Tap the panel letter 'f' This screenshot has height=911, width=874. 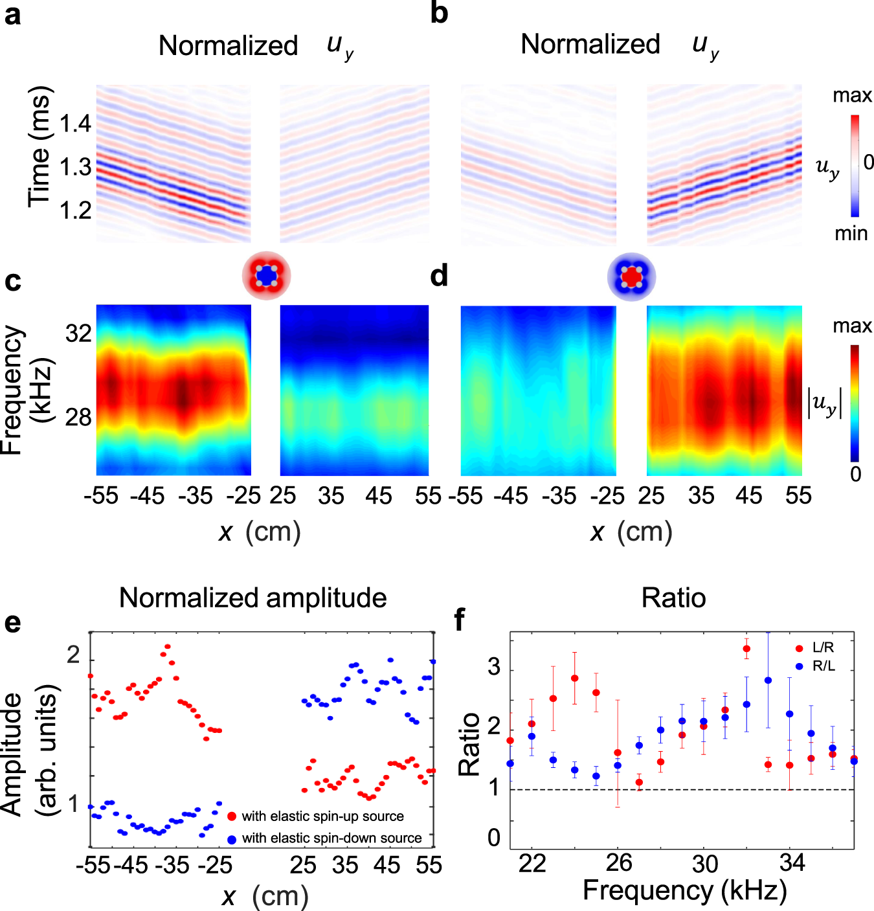(x=460, y=620)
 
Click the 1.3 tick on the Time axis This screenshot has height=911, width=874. (x=75, y=167)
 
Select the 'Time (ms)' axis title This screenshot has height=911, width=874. (x=39, y=146)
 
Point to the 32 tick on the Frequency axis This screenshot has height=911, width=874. (x=78, y=333)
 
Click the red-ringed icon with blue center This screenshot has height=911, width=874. (x=266, y=276)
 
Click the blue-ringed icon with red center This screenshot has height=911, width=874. (x=631, y=276)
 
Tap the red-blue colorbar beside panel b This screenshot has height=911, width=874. (x=855, y=166)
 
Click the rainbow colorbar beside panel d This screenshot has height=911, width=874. (x=855, y=403)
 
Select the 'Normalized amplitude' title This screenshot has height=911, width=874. (x=252, y=598)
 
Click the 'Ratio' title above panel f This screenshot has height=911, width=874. (x=673, y=598)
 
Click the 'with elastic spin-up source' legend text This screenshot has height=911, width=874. (x=322, y=816)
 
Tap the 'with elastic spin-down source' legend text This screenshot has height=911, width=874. (x=331, y=838)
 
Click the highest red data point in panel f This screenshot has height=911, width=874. (x=746, y=649)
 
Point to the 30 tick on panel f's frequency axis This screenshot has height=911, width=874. (x=704, y=864)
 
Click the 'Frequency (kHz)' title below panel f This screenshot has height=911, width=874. (x=684, y=891)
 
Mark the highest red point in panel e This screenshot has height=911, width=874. (x=167, y=646)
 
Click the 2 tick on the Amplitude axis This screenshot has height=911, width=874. (x=74, y=655)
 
